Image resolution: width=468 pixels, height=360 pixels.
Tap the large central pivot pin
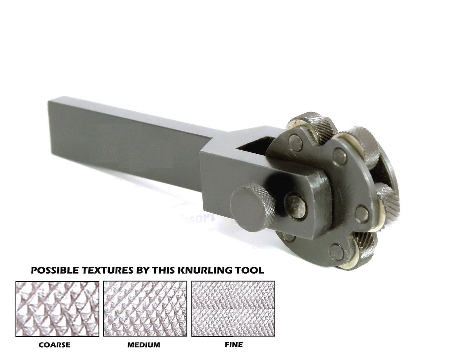point(296,206)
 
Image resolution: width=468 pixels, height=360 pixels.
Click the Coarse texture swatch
point(57,309)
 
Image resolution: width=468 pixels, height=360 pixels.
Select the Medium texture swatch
point(145,309)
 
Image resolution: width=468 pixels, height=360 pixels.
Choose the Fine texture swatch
point(233,309)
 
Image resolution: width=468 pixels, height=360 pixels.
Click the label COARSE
point(54,345)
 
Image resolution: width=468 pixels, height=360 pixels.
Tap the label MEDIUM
point(143,345)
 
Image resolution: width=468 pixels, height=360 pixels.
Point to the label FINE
point(234,345)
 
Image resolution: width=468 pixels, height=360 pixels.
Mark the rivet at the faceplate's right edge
point(362,214)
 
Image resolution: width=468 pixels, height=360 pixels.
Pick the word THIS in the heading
point(170,271)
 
